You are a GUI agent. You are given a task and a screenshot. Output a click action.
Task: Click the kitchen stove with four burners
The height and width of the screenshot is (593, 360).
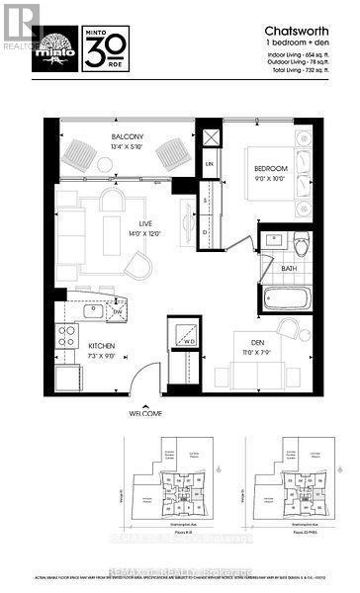[67, 338]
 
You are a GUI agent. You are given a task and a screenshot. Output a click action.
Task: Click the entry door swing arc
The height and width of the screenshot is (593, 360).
[145, 379]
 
